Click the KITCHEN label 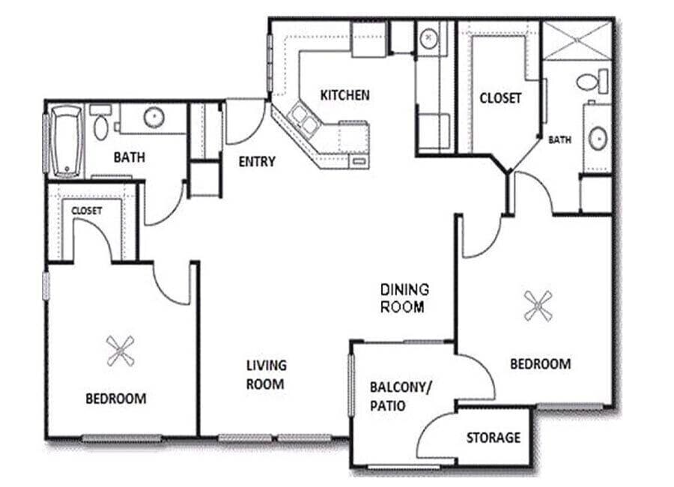click(x=344, y=95)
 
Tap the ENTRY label click(x=257, y=161)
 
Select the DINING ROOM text click(x=404, y=297)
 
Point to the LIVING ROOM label click(x=266, y=375)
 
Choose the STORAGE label click(x=493, y=438)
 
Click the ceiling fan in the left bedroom click(x=120, y=350)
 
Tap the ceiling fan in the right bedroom click(x=537, y=306)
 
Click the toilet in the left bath click(x=100, y=124)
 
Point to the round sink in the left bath click(x=154, y=118)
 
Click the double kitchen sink click(x=303, y=116)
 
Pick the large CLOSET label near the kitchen click(x=500, y=98)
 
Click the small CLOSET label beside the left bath click(x=86, y=211)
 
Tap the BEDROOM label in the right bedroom click(x=540, y=364)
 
